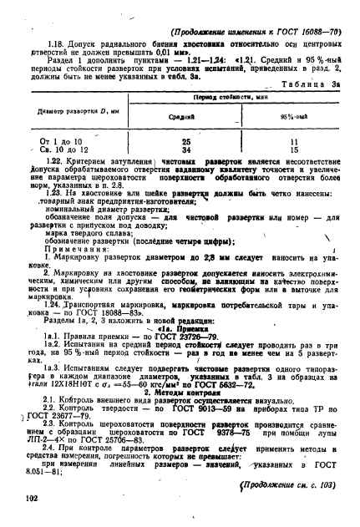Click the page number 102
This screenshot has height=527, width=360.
[33, 499]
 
